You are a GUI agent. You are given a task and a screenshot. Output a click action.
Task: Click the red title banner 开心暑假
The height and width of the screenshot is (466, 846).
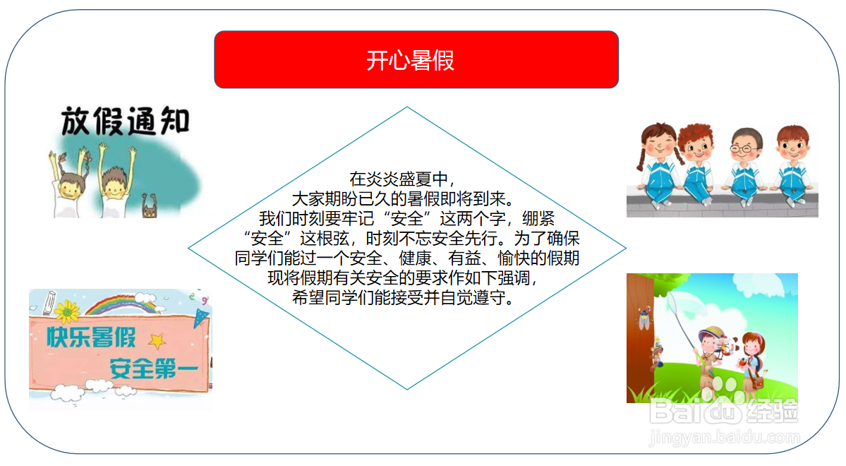coord(416,60)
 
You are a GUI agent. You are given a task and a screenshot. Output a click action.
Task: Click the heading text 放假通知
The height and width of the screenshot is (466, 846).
coord(126,121)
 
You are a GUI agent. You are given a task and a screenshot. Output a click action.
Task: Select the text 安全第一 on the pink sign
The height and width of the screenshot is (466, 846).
coord(153,367)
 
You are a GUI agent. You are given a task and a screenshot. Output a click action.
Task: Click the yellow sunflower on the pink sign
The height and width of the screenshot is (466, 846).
coord(68,309)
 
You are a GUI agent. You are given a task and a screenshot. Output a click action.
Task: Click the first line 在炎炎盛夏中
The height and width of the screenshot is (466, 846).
coord(407,179)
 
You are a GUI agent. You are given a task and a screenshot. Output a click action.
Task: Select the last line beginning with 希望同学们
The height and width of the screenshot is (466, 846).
coord(407,297)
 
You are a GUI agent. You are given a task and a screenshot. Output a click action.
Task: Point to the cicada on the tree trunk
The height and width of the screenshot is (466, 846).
coord(643,318)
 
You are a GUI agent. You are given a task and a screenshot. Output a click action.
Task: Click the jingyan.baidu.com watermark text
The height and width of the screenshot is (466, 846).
coord(723,438)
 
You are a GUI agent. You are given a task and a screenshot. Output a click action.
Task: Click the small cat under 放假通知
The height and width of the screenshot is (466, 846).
coord(150,208)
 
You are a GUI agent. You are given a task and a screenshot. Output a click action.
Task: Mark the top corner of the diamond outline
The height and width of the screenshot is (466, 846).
coord(407,107)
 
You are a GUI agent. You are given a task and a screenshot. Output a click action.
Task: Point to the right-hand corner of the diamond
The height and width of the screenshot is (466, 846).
coord(625,248)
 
